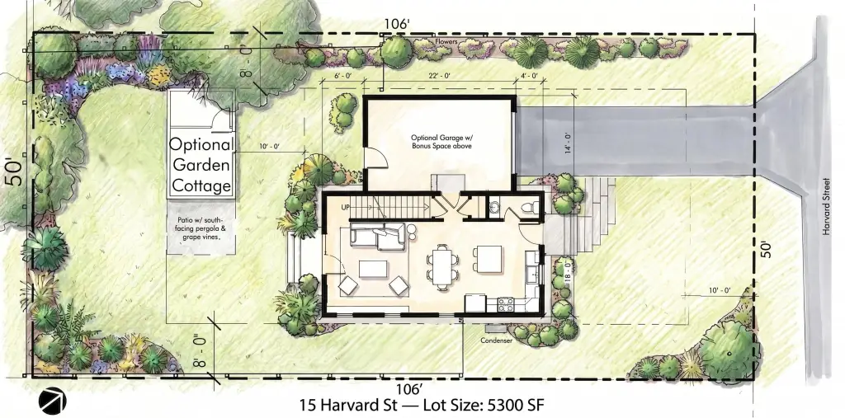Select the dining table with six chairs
(443, 262)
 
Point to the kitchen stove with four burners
(506, 304)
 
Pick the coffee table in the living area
(374, 269)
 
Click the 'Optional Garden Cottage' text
(201, 166)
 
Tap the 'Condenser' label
(496, 341)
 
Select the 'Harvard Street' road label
(826, 207)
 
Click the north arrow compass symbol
(52, 400)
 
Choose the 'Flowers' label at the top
(446, 41)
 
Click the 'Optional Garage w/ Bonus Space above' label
(437, 141)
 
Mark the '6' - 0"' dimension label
(342, 76)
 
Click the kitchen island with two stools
(487, 259)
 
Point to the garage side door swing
(375, 159)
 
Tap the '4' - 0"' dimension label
(529, 76)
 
